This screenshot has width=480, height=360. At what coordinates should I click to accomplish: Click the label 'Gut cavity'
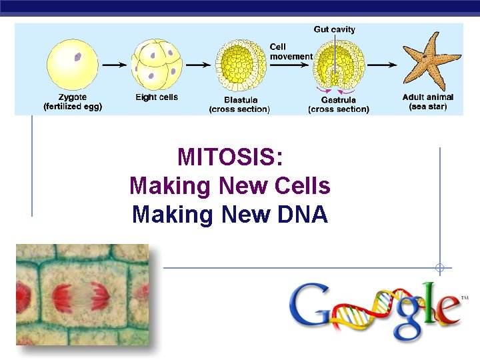coord(335,29)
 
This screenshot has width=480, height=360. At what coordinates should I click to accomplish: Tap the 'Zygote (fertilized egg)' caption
coord(73,102)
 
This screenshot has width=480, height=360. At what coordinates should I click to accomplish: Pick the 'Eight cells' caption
coord(157,97)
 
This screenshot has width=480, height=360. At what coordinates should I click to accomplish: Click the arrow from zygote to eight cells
coord(115,65)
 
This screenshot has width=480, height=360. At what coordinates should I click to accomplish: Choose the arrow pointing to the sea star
coord(383,65)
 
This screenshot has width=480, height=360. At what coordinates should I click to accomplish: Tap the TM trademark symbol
coord(465,297)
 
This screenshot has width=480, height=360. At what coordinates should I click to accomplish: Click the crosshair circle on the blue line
coord(439,268)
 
